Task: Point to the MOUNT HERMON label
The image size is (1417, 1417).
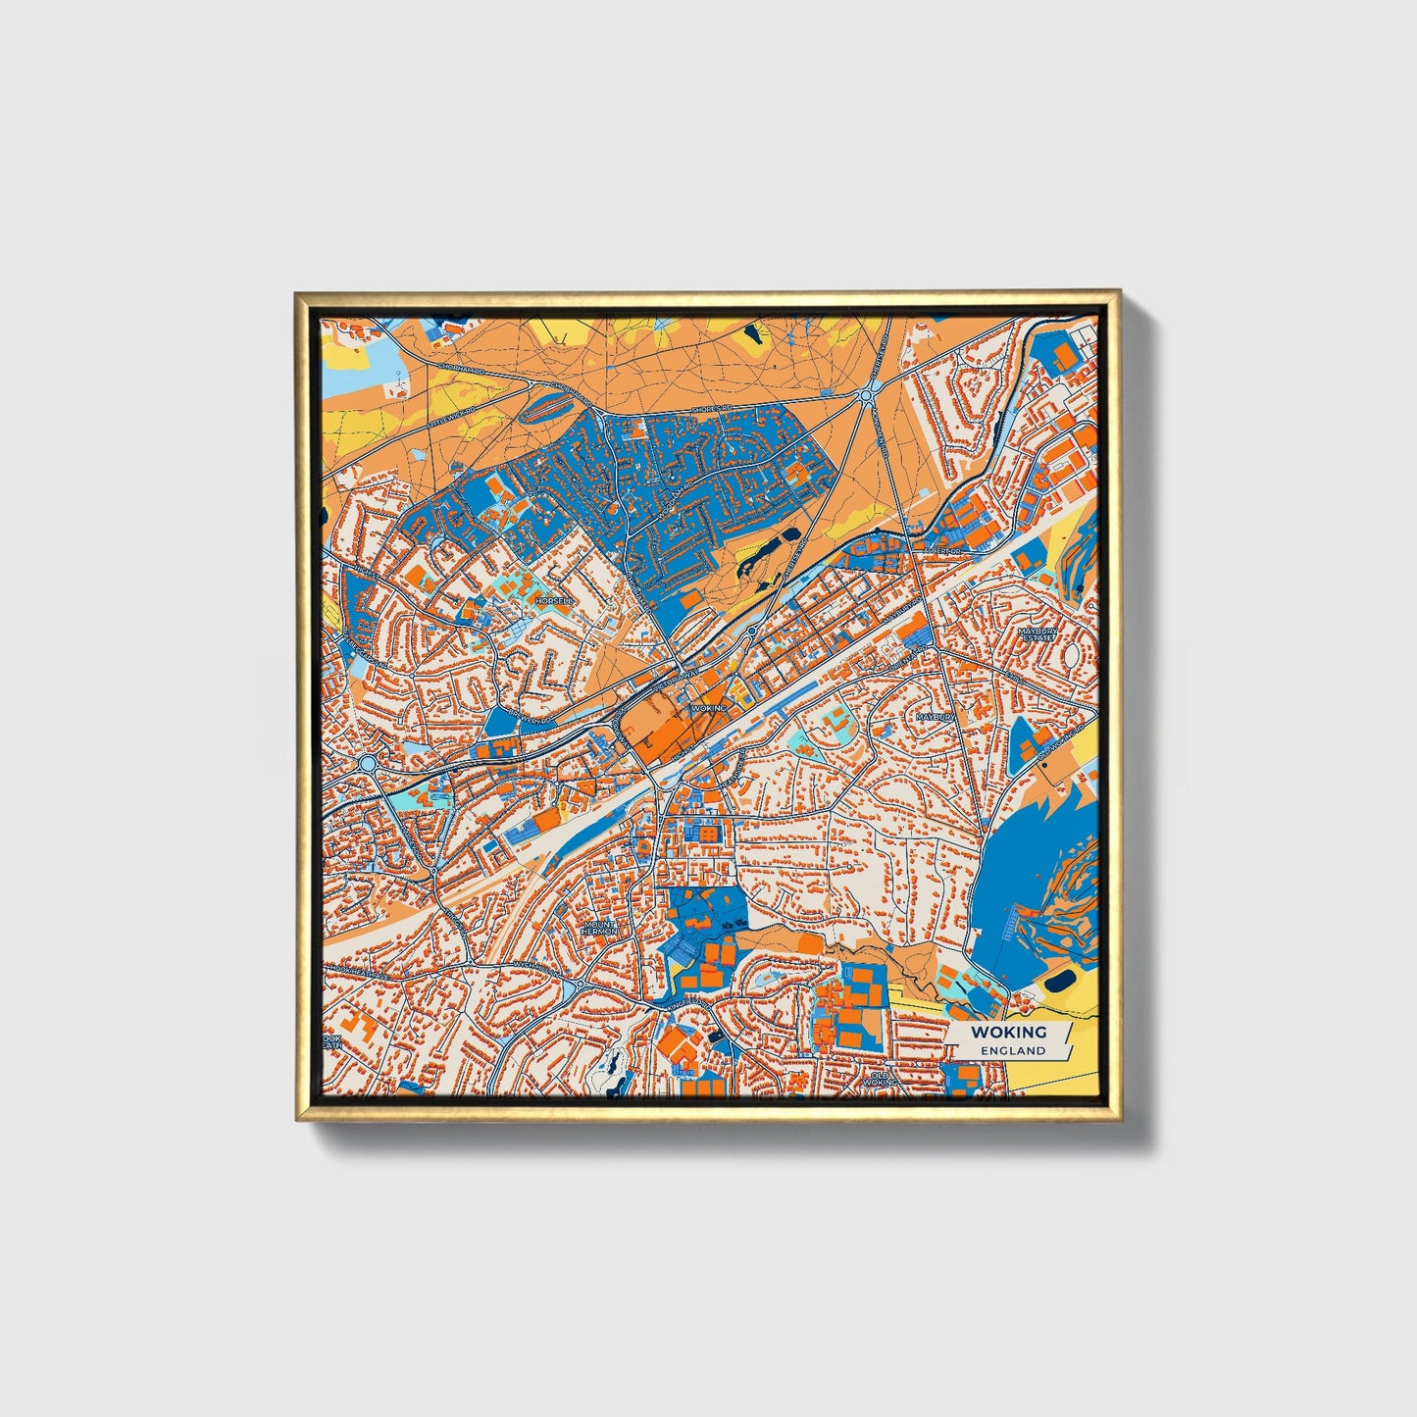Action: click(599, 927)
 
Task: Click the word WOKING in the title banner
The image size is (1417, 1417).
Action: click(1009, 1032)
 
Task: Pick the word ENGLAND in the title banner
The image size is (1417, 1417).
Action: click(1009, 1050)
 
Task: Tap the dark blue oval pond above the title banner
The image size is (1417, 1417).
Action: click(1058, 981)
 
